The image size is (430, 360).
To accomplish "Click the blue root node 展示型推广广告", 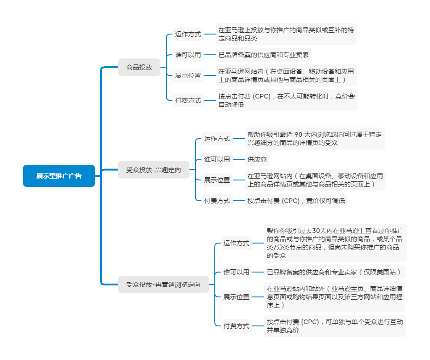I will click(59, 176).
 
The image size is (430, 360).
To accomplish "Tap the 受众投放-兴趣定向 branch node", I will click(153, 170).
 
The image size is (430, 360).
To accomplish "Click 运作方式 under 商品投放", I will click(188, 34).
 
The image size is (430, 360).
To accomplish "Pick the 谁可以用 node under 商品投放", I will click(188, 55).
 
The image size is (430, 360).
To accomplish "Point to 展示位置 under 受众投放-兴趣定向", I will click(217, 180).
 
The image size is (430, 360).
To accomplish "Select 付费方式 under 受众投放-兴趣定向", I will click(217, 201).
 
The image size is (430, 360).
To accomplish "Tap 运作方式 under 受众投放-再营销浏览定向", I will click(236, 243).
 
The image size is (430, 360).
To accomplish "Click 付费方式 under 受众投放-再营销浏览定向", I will click(236, 326).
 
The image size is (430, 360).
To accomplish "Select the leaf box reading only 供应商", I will click(257, 159).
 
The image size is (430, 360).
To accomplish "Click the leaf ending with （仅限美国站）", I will click(335, 272).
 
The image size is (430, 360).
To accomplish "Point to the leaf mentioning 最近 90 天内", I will click(314, 139).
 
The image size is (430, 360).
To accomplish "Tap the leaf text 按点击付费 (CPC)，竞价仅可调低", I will click(296, 201).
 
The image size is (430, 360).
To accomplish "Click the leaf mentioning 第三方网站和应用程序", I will click(335, 297).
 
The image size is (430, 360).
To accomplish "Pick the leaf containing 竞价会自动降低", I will click(286, 100).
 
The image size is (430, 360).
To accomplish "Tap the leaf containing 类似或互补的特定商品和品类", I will click(286, 34).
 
